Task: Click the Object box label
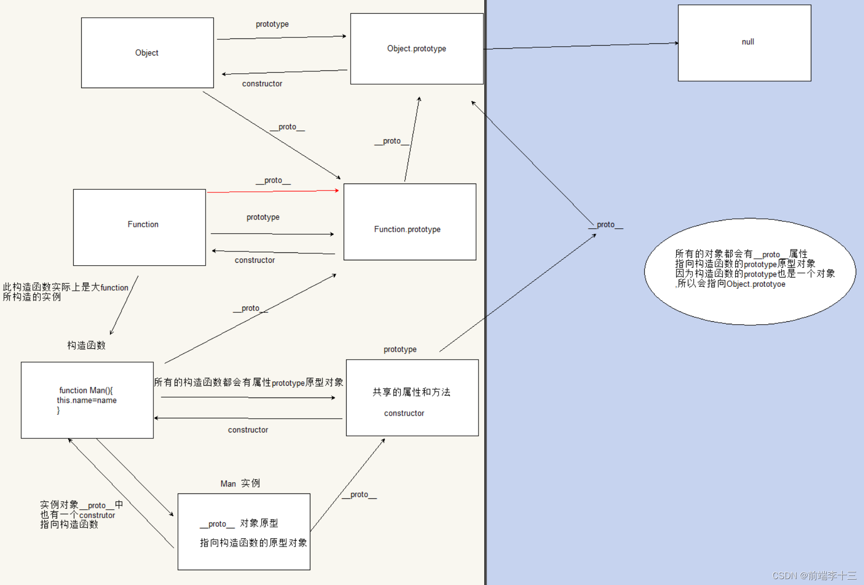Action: click(x=147, y=53)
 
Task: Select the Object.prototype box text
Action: click(x=417, y=48)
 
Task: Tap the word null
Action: click(x=747, y=42)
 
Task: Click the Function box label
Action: click(x=143, y=224)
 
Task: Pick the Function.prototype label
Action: click(x=407, y=229)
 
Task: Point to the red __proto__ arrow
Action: click(x=273, y=191)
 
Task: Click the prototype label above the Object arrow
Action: click(x=272, y=24)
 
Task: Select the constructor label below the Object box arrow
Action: click(x=262, y=84)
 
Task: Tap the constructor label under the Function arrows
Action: click(x=255, y=260)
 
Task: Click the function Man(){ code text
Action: click(x=86, y=390)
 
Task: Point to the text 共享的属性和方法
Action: click(x=411, y=392)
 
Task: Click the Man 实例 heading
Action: click(x=240, y=484)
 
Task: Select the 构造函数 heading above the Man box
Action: click(x=87, y=345)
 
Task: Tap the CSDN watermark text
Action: click(x=814, y=576)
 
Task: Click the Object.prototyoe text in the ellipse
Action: click(x=756, y=284)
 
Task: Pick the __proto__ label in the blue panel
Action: click(x=605, y=225)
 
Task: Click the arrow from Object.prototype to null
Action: click(x=580, y=46)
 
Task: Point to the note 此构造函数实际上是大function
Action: click(x=65, y=287)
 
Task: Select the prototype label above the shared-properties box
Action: click(x=400, y=349)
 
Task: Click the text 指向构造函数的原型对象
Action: click(x=253, y=543)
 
